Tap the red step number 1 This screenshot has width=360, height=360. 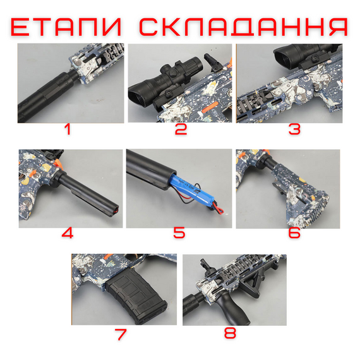(x=69, y=131)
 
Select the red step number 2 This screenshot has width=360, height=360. (x=181, y=131)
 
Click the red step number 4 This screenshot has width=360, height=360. (x=68, y=232)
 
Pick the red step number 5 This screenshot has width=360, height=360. (x=179, y=232)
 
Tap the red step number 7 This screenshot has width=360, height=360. (x=123, y=333)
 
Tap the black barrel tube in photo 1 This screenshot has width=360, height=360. (x=44, y=95)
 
